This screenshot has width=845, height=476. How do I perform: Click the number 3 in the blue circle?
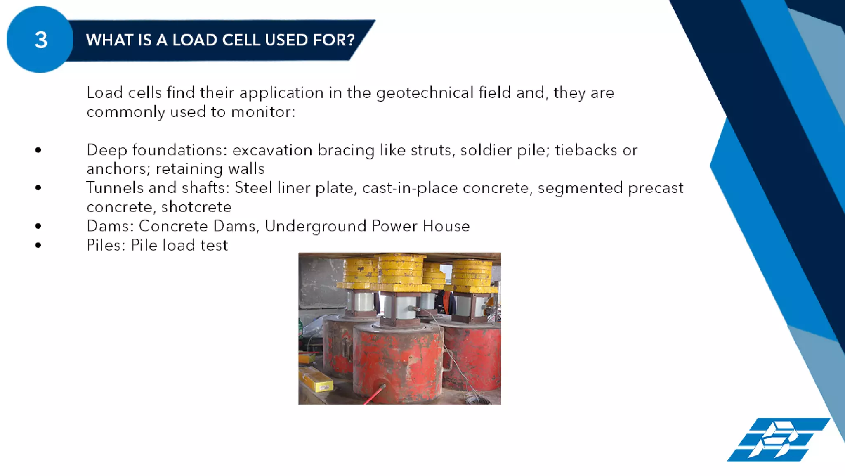[x=41, y=40]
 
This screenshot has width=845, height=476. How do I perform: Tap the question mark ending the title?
[x=351, y=40]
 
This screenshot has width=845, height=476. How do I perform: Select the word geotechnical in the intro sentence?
[x=425, y=93]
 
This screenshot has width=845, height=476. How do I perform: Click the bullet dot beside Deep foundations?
[x=38, y=150]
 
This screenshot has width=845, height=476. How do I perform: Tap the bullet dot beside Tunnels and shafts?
[x=38, y=188]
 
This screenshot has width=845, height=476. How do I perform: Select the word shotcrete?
[x=196, y=207]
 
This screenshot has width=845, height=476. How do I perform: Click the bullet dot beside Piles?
[x=38, y=245]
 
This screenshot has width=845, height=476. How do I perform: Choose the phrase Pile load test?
[x=179, y=245]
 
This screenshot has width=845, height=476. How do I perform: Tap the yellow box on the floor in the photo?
[x=315, y=380]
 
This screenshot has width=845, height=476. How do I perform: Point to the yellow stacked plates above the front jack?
[x=402, y=270]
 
